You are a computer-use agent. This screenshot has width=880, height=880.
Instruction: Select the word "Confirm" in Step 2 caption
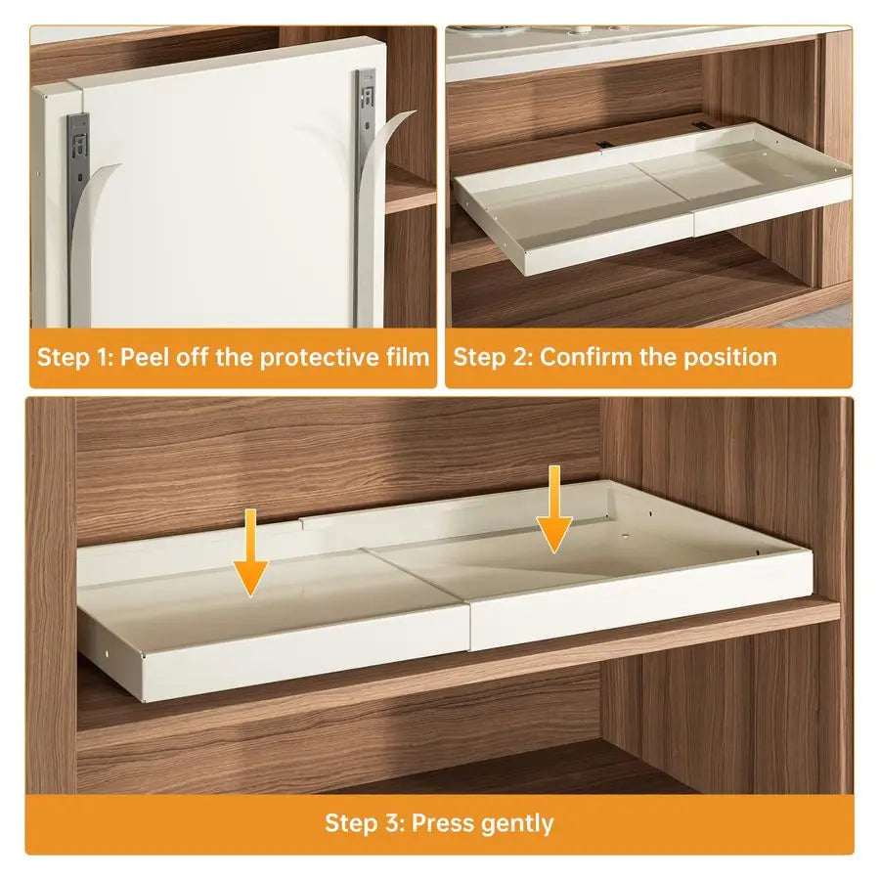(585, 357)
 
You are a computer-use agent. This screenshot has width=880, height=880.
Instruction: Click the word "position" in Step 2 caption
(728, 357)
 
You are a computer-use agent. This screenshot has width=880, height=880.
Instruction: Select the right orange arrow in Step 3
(554, 508)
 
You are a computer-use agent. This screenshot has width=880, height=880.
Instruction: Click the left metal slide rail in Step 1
(78, 156)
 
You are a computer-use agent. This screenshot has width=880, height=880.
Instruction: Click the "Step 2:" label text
(492, 357)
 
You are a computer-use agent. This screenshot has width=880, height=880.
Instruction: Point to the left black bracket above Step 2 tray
(602, 146)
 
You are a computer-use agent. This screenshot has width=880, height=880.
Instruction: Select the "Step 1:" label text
(74, 357)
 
